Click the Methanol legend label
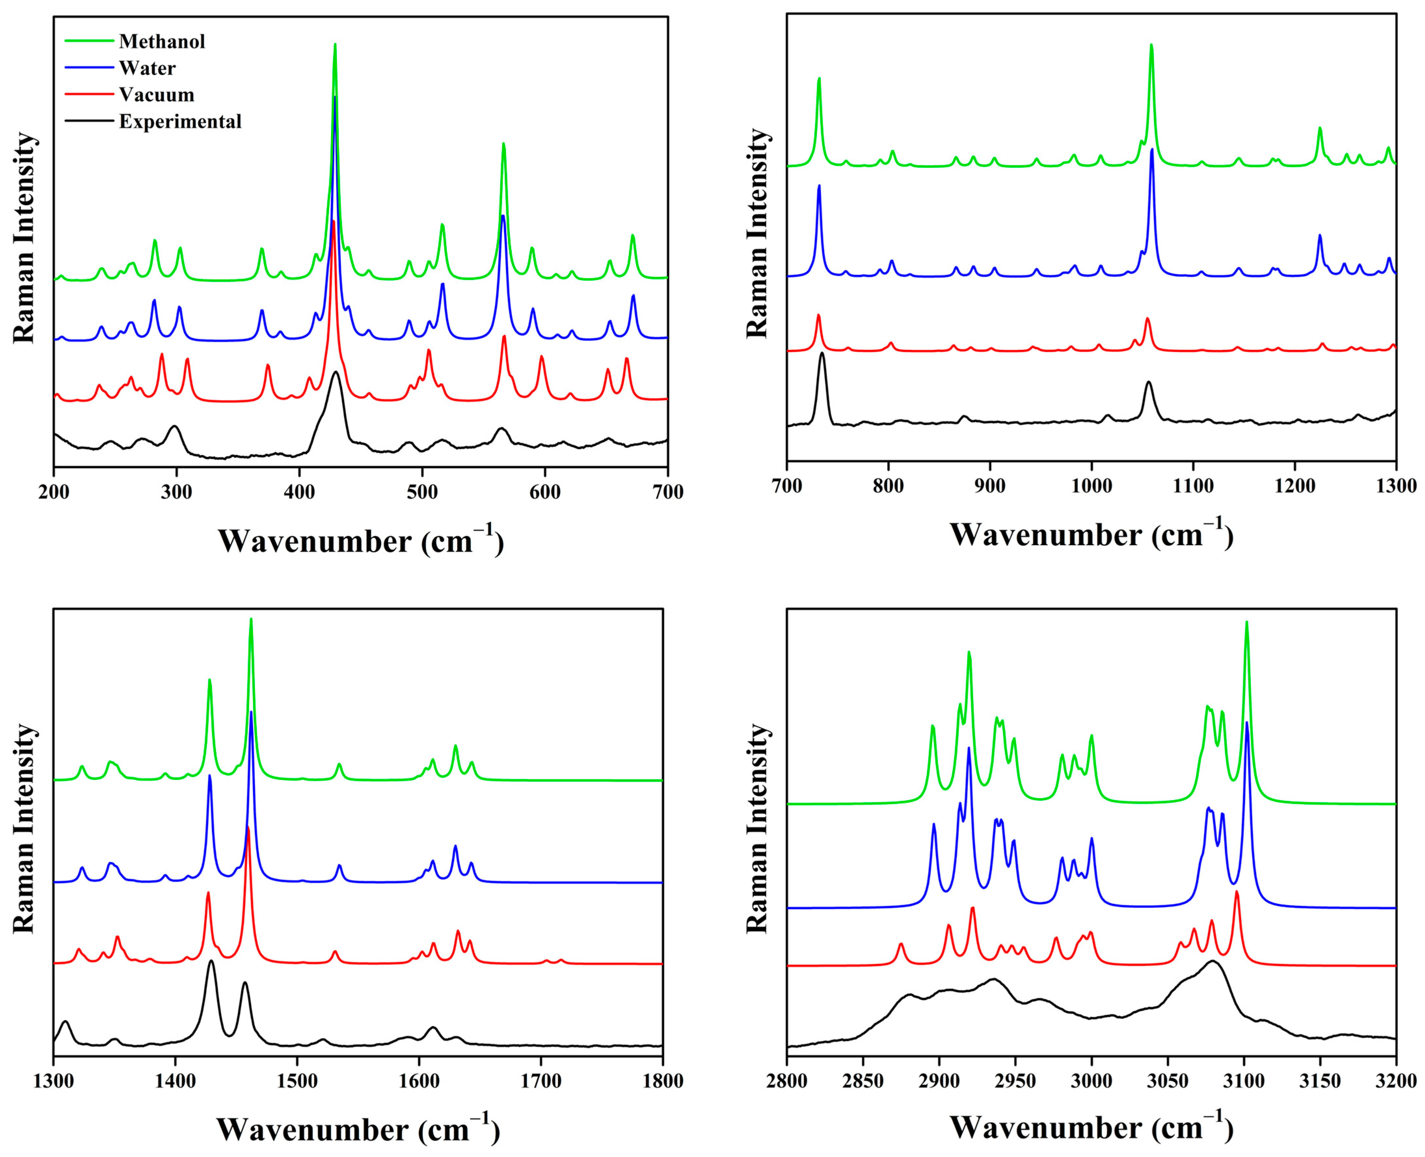click(x=162, y=41)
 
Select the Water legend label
click(x=147, y=68)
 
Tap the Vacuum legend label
click(x=156, y=95)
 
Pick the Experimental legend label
click(x=180, y=121)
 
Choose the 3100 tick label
click(x=1244, y=1081)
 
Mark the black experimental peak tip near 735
click(x=822, y=353)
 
